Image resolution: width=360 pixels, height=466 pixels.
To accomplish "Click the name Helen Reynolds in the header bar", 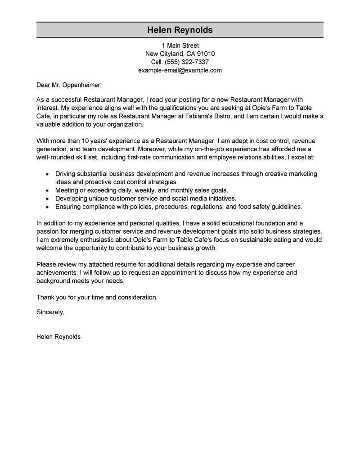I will (180, 30).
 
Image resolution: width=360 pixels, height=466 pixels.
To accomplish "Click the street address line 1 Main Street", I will (180, 45).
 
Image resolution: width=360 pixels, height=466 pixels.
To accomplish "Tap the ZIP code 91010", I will (205, 54).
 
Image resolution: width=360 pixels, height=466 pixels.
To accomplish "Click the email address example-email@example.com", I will (180, 70).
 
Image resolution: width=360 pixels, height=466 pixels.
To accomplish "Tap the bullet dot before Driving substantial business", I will (47, 174).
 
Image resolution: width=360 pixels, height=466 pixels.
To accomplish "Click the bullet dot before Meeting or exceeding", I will (47, 190).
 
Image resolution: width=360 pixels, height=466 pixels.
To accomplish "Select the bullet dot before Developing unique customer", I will (47, 199).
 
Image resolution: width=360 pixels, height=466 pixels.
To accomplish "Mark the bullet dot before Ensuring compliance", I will (47, 207).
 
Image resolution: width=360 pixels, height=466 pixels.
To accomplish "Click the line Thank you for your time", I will (97, 297).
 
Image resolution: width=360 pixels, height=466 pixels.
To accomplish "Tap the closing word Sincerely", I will (49, 312).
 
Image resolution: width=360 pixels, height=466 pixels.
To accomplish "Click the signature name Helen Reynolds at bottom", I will (58, 337).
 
